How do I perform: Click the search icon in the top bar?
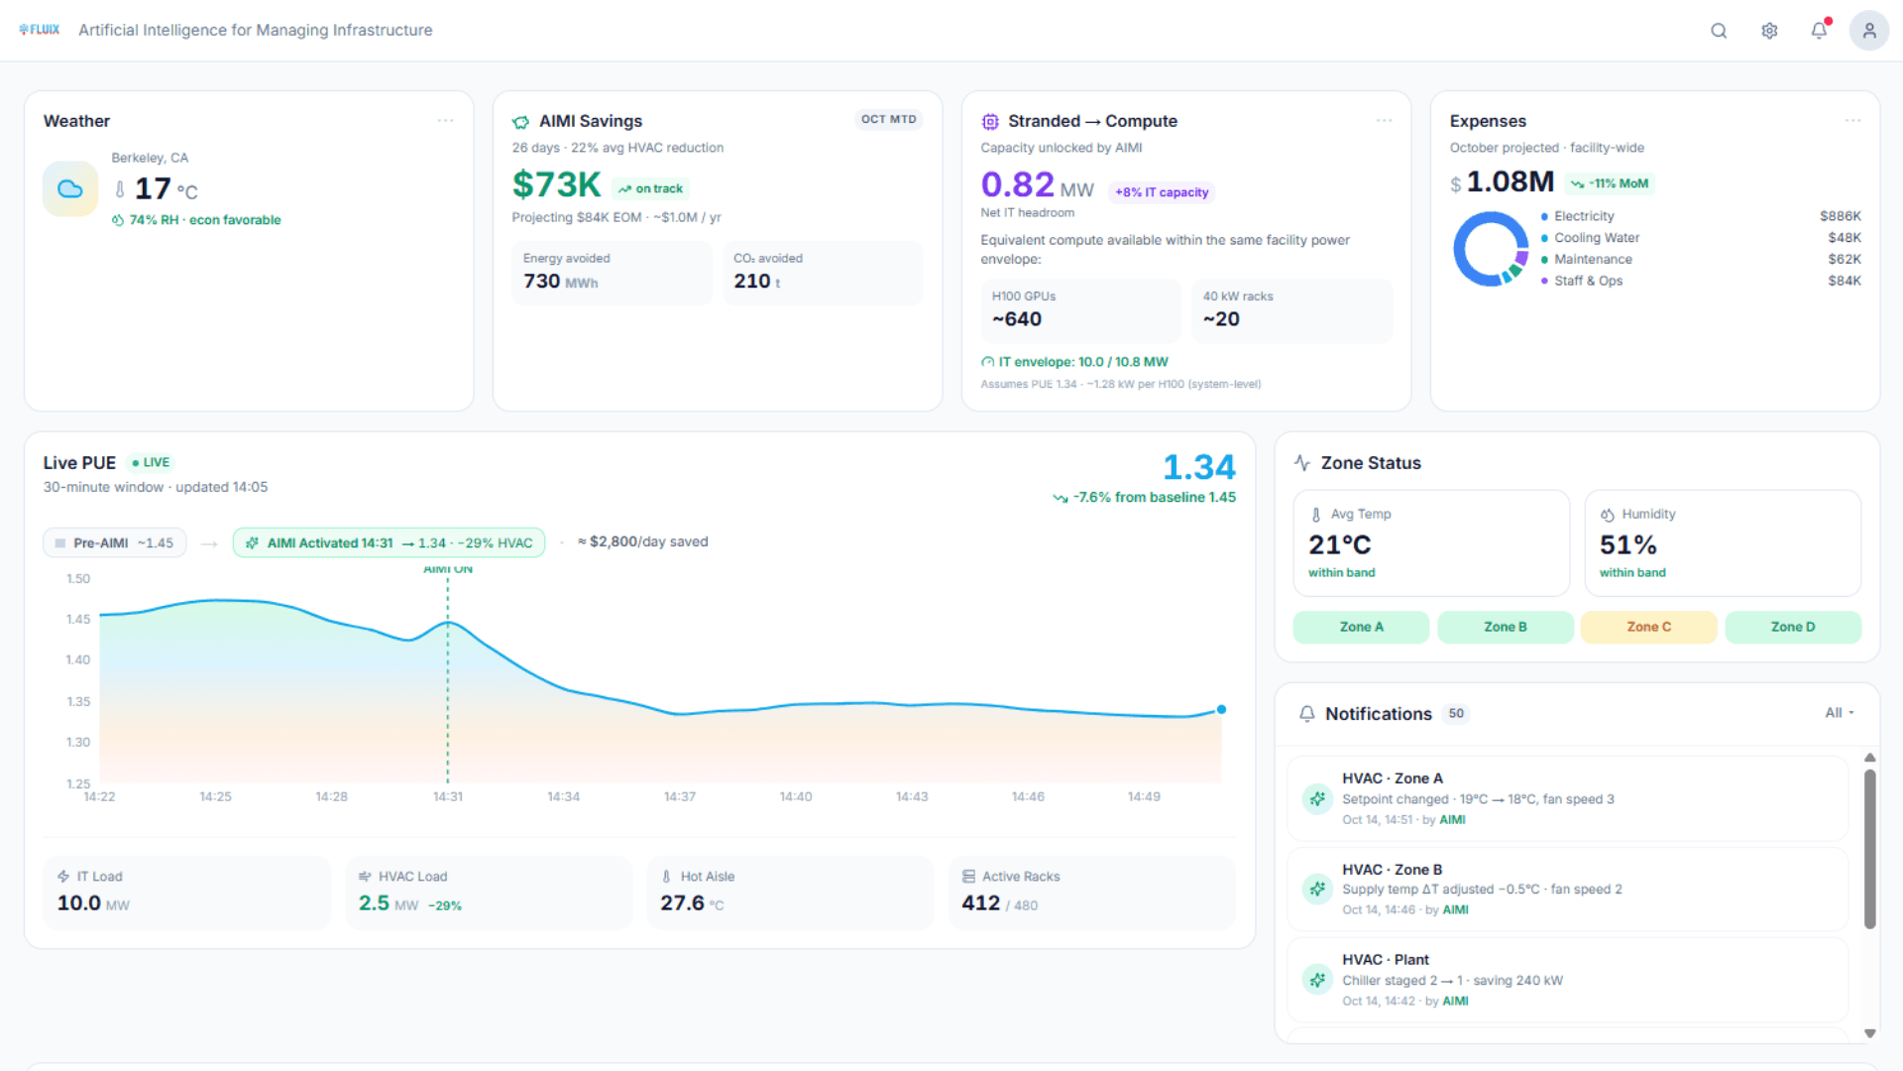[x=1719, y=31]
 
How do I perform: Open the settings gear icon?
[x=1769, y=31]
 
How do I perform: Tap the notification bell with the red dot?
[x=1819, y=31]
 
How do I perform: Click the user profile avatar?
[x=1868, y=31]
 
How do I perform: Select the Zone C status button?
[x=1648, y=627]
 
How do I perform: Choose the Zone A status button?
[x=1361, y=627]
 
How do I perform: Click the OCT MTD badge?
[x=888, y=119]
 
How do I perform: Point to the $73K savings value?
[x=556, y=184]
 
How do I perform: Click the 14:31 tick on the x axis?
[x=447, y=796]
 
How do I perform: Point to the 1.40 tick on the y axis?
[x=78, y=659]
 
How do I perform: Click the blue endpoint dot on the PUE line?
[x=1221, y=709]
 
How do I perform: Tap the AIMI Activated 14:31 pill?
[x=389, y=542]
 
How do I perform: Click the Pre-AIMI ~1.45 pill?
[x=115, y=542]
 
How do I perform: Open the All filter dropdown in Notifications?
[x=1839, y=712]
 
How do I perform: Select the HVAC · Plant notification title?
[x=1385, y=959]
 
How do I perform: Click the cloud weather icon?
[x=70, y=188]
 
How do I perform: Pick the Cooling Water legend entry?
[x=1596, y=237]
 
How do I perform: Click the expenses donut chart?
[x=1491, y=249]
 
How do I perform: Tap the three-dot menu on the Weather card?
[x=445, y=121]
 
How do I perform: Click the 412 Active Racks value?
[x=980, y=902]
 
